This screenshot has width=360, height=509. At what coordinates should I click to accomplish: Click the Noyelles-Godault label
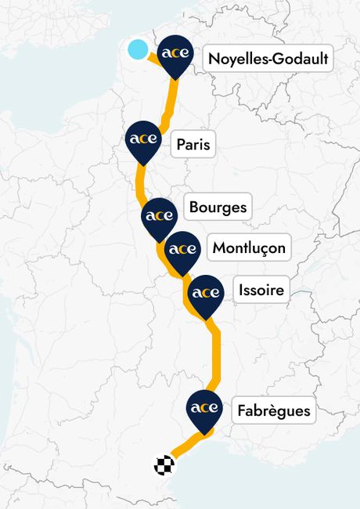(x=268, y=60)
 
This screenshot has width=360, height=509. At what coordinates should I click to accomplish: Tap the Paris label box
(x=193, y=145)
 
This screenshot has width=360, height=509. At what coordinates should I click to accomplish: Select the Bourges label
(x=218, y=208)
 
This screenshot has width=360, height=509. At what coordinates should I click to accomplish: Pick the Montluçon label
(x=249, y=249)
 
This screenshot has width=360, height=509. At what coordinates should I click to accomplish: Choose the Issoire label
(x=261, y=291)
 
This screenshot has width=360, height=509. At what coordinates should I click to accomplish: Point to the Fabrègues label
(x=273, y=410)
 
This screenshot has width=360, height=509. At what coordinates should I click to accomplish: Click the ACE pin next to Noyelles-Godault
(x=174, y=55)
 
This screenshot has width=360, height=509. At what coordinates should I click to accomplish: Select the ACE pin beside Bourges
(x=159, y=215)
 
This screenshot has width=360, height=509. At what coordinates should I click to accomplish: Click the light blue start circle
(x=138, y=49)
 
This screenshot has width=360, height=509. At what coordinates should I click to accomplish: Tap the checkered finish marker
(x=164, y=465)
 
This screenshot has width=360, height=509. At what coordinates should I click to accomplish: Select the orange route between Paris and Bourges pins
(x=141, y=184)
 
